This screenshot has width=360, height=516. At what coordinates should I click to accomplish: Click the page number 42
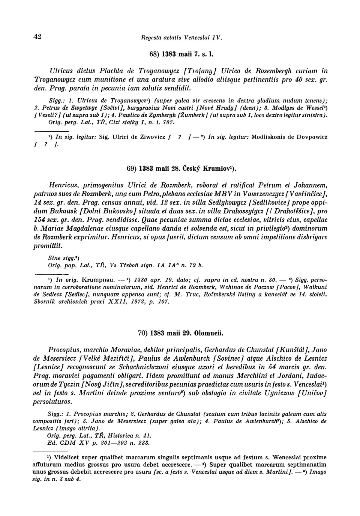[37, 36]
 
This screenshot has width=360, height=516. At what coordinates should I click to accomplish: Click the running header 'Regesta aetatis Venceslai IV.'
[181, 38]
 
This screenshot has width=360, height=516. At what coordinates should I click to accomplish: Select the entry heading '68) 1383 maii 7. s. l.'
[181, 54]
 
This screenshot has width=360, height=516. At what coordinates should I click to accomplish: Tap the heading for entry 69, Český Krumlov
[181, 169]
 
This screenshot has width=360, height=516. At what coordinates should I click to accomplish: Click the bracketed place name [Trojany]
[201, 71]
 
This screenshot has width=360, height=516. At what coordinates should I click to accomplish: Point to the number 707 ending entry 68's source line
[168, 122]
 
